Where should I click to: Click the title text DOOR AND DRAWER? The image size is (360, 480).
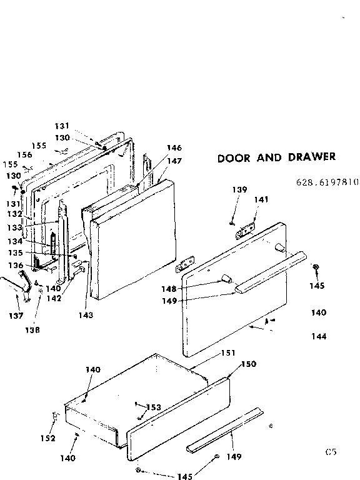tap(276, 157)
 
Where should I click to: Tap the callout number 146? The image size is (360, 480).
tap(174, 148)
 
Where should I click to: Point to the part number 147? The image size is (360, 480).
tap(174, 161)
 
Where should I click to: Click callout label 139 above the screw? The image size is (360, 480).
tap(241, 190)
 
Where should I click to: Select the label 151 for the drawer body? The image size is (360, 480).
tap(228, 353)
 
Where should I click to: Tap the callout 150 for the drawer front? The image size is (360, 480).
tap(248, 364)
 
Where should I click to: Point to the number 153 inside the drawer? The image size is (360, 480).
tap(154, 407)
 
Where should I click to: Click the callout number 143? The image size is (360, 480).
tap(86, 315)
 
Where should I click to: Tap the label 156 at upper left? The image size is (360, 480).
tap(24, 154)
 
